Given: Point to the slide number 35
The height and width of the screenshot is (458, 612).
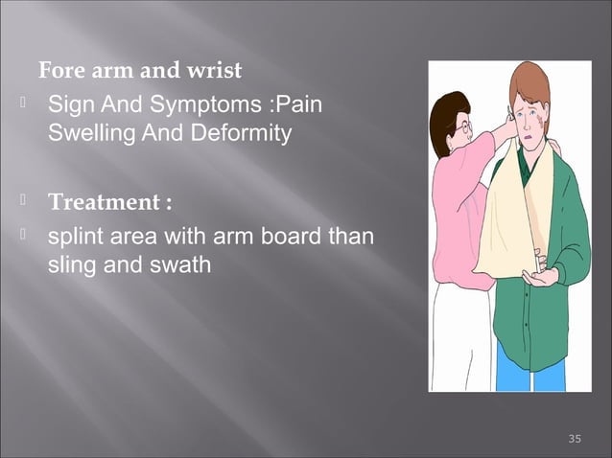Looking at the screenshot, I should [575, 439].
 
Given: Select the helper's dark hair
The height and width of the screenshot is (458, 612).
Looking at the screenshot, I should [446, 110].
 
